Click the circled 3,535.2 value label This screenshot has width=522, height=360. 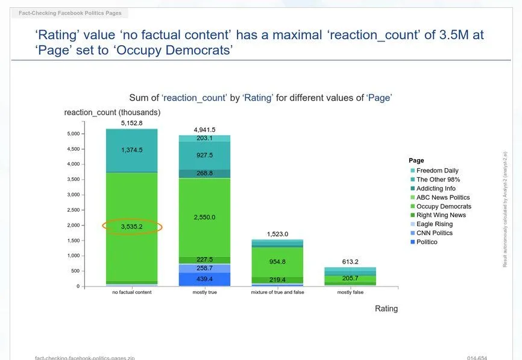pos(132,227)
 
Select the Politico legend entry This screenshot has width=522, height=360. pos(427,242)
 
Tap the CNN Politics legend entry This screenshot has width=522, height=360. pos(434,233)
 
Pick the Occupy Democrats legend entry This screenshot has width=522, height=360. pos(444,206)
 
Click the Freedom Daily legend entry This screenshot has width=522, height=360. pos(437,171)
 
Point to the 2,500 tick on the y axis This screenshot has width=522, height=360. pos(72,210)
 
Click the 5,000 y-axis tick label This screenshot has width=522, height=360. pos(72,134)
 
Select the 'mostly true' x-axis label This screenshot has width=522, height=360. pos(204,292)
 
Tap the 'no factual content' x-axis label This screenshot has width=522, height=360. pos(132,292)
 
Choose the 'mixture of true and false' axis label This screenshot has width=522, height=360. pos(277,292)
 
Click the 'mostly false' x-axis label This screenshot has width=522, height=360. pos(350,292)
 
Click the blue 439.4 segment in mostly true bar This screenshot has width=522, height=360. pos(204,279)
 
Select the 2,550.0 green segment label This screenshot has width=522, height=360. pos(204,217)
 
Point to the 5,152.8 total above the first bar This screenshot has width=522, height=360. pos(132,123)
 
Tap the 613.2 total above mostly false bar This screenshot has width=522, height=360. pos(350,262)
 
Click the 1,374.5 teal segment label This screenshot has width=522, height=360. pos(132,150)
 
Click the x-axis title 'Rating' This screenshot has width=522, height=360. pos(386,309)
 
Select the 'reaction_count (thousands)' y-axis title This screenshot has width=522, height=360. pos(112,113)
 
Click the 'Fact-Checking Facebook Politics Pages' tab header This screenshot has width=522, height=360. pos(70,13)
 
